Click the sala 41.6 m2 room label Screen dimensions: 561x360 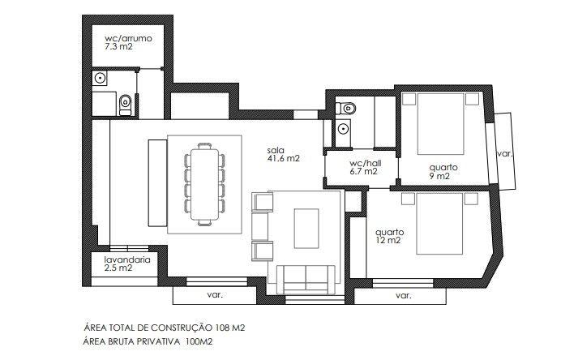(x=283, y=154)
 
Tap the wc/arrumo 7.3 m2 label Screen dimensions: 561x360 (x=128, y=42)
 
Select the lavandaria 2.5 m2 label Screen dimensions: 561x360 (x=127, y=264)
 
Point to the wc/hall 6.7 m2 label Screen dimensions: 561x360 (x=365, y=167)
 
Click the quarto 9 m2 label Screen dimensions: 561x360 (x=443, y=171)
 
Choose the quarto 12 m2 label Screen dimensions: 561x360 (x=389, y=236)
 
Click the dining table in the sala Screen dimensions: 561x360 (x=204, y=184)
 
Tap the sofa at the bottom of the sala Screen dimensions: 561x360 (x=306, y=280)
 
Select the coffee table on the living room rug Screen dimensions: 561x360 (x=306, y=229)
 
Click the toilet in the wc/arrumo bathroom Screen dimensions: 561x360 (x=125, y=105)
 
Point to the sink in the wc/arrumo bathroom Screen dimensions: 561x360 (x=100, y=78)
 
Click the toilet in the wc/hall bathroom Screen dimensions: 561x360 (x=345, y=108)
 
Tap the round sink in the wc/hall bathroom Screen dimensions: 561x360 (x=344, y=128)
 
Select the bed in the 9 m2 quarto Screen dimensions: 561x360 (x=441, y=124)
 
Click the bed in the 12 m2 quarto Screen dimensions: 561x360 (x=439, y=224)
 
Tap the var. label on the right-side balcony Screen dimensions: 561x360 (x=505, y=154)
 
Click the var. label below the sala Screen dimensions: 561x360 (x=215, y=295)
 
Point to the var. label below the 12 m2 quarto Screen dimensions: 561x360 (x=403, y=296)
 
